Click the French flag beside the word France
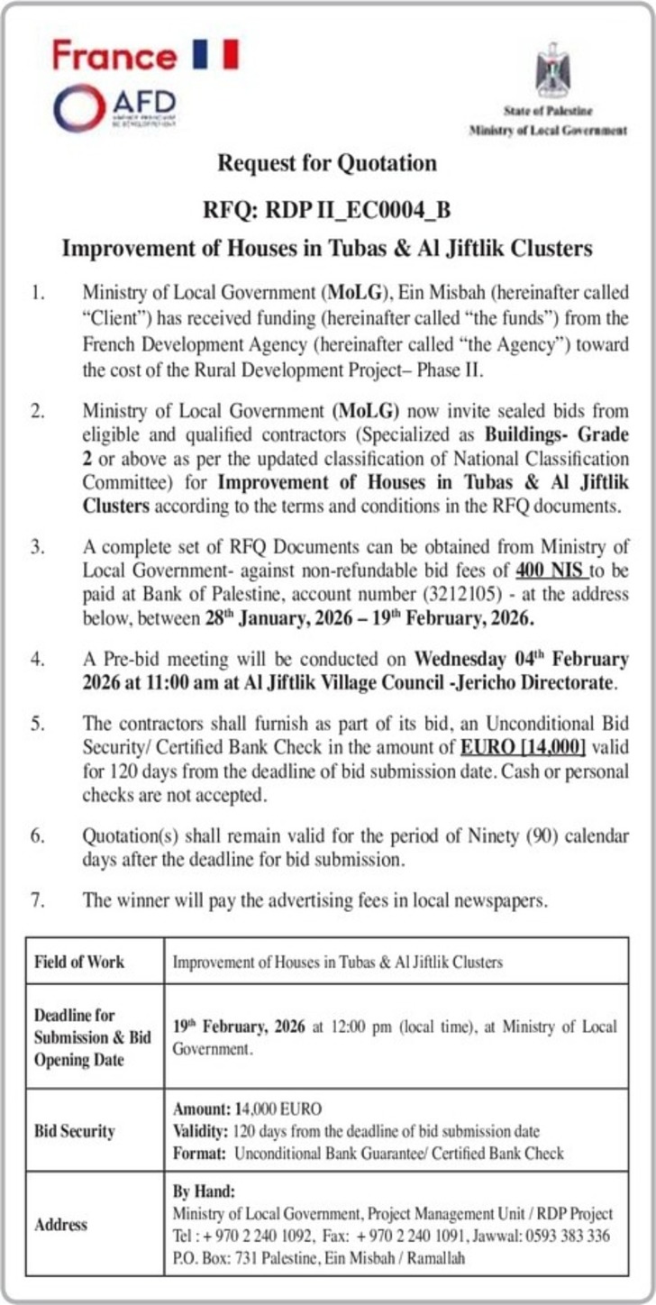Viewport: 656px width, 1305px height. pos(215,53)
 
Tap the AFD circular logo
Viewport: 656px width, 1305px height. pos(79,108)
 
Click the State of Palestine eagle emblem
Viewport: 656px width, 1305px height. pos(552,71)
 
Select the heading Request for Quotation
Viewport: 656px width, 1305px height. pos(327,163)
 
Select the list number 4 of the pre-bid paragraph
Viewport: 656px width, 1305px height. pos(37,658)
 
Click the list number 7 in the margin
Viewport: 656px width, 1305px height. pos(37,899)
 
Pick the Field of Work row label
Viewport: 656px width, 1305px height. pos(79,962)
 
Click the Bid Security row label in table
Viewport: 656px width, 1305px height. pos(75,1131)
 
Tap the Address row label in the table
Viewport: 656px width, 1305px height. pos(61,1225)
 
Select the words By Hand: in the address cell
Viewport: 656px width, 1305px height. pos(203,1191)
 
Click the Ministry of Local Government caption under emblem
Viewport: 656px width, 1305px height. pos(548,130)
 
